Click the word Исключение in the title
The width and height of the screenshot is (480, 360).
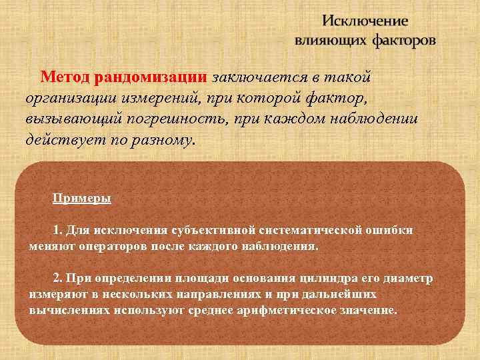tap(365, 21)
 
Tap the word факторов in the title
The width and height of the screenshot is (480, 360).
tap(404, 41)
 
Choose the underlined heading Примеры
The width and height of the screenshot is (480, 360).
tap(82, 199)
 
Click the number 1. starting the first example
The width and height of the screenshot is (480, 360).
tap(57, 230)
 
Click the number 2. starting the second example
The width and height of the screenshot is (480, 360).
tap(57, 278)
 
